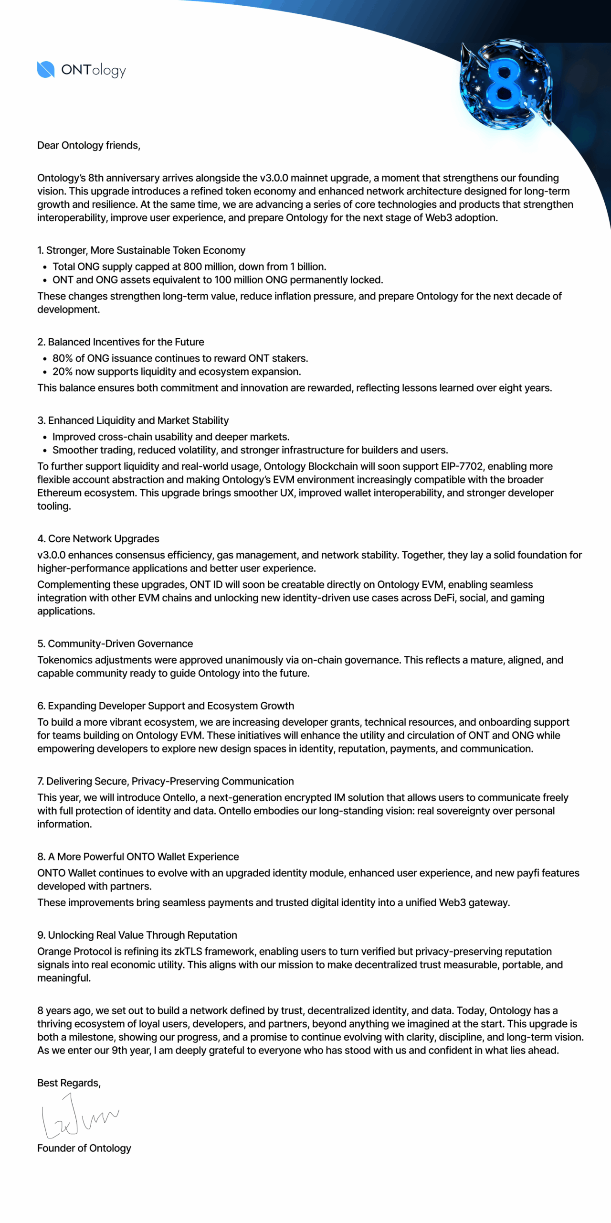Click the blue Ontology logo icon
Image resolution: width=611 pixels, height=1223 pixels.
(46, 70)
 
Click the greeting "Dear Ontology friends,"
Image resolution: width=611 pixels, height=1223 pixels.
(89, 145)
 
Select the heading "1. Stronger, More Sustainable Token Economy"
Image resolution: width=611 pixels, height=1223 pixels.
(141, 250)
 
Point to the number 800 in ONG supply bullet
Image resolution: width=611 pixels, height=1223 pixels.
(193, 267)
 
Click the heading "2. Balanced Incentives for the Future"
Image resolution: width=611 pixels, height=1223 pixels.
(121, 342)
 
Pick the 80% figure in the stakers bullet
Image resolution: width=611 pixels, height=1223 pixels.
(62, 358)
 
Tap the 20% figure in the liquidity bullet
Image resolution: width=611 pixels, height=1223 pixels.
(62, 372)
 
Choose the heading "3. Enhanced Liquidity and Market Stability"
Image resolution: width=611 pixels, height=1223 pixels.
(133, 420)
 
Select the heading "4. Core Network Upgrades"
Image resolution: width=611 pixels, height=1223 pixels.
(98, 539)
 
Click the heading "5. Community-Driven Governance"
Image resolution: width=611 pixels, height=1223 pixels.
(115, 644)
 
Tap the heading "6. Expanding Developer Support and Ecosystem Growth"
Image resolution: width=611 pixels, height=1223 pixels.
(166, 706)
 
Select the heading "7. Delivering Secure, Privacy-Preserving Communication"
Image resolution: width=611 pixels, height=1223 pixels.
(166, 782)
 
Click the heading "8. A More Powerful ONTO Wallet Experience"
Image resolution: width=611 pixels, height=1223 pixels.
(138, 857)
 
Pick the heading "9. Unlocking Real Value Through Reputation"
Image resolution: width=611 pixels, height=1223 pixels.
(137, 935)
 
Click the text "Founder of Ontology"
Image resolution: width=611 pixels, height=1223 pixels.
(84, 1148)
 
